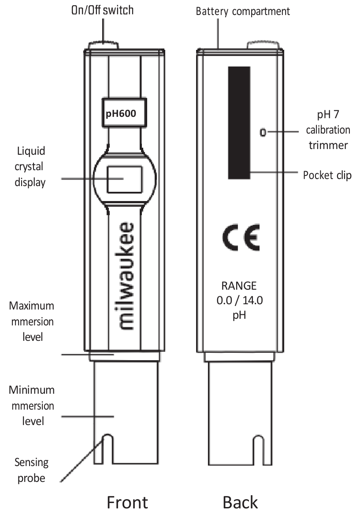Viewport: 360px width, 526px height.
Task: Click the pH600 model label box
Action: point(124,113)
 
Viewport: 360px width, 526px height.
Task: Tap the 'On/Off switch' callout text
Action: point(102,10)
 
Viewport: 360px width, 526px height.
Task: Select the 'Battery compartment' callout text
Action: point(243,11)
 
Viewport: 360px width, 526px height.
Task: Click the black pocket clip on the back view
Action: point(239,123)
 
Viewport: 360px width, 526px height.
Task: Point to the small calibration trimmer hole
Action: point(263,133)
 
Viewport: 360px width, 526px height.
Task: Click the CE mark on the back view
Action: point(241,238)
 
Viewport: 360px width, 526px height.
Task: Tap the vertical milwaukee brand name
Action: point(125,276)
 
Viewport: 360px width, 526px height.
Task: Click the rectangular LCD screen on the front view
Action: point(125,179)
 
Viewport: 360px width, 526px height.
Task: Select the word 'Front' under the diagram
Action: point(127,503)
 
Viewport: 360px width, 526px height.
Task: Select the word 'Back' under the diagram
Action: point(240,503)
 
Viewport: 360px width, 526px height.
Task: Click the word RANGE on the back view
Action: point(239,286)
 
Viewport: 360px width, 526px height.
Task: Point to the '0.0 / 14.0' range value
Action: point(239,300)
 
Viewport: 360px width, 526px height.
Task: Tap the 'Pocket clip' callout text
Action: point(327,175)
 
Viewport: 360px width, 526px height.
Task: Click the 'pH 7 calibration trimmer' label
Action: point(328,130)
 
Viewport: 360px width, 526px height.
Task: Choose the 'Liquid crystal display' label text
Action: point(30,166)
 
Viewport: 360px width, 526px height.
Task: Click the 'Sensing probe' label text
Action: point(32,470)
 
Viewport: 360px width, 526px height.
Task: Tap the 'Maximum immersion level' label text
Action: point(32,321)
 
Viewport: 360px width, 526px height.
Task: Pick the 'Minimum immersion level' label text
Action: point(32,406)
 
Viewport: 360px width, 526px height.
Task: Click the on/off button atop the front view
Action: point(103,45)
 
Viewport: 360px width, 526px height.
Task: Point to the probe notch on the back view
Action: point(258,450)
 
